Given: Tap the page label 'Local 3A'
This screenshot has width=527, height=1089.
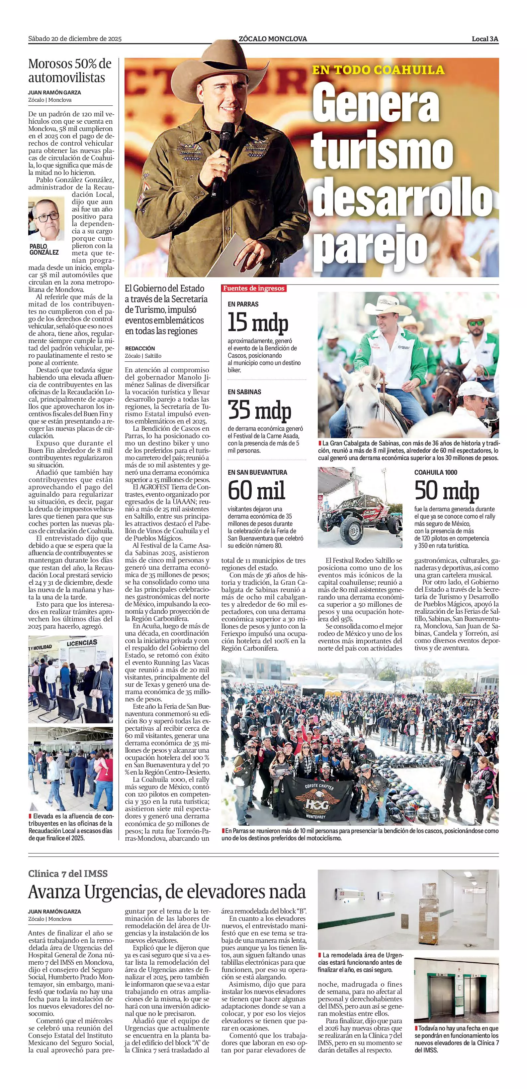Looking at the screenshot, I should coord(485,39).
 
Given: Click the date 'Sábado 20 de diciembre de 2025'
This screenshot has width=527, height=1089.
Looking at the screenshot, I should coord(75,39).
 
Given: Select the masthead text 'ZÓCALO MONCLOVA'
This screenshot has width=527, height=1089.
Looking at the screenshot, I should coord(273,39).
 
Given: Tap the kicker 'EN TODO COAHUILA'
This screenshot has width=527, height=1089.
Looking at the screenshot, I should coord(378,70).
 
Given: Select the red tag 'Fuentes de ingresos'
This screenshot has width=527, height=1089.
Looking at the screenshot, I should coord(254,288).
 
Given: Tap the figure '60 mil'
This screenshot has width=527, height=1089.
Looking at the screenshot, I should coord(256,490).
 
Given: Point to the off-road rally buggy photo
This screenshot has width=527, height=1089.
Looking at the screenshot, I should coord(360,507).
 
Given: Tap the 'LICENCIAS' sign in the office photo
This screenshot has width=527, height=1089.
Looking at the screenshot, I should coord(82,643).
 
